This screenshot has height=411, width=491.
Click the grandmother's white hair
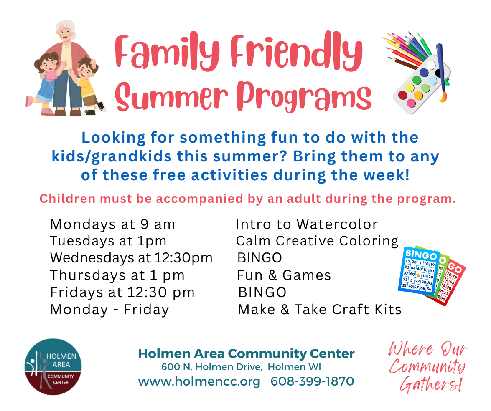[x=66, y=26]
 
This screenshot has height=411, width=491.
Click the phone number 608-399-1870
[x=312, y=382]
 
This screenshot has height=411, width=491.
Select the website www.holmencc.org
[x=199, y=382]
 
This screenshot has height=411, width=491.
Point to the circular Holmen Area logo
[x=53, y=367]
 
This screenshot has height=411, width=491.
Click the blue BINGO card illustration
[x=419, y=272]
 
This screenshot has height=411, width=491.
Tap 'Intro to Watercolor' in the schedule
[x=307, y=224]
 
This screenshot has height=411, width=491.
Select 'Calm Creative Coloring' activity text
[x=317, y=241]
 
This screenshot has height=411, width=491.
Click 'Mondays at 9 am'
[x=113, y=224]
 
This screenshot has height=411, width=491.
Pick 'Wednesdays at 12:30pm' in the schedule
[x=132, y=258]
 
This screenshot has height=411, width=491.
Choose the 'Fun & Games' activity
[x=284, y=275]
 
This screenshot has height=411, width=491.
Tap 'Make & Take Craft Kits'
[x=320, y=309]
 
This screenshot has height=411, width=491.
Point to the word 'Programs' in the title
[x=304, y=96]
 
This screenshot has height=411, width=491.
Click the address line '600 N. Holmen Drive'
[x=212, y=367]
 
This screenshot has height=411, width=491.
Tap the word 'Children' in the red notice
[x=67, y=199]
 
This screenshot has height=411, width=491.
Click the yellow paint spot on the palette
[x=409, y=87]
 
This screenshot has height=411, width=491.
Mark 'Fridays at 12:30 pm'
[x=122, y=292]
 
